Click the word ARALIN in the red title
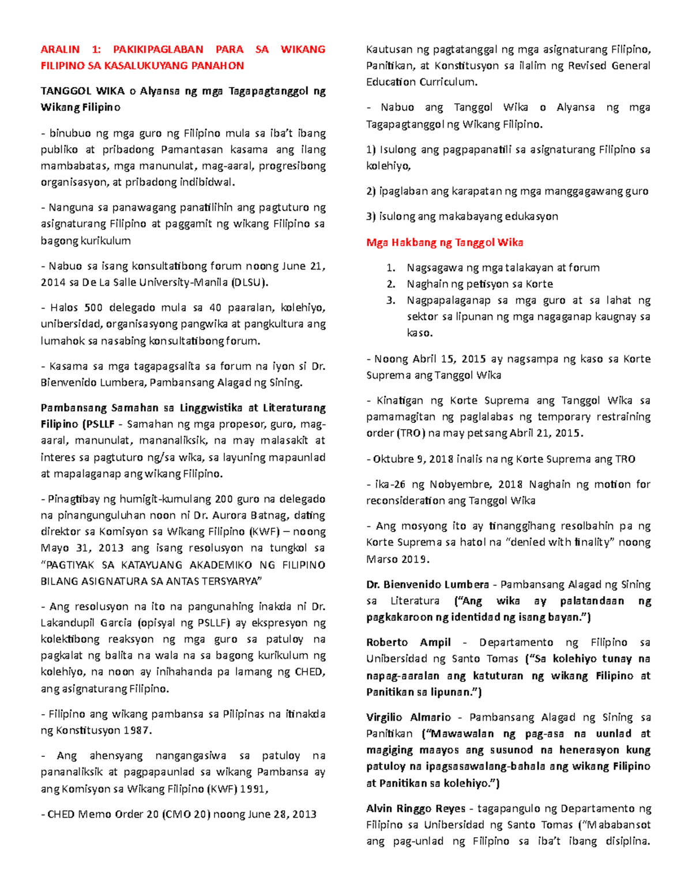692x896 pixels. coord(60,50)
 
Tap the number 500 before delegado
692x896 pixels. coord(92,308)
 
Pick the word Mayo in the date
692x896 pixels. coord(54,548)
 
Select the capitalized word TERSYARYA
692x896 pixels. coord(223,581)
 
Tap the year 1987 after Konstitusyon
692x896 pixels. coord(137,730)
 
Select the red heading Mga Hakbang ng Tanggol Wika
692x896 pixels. coord(445,242)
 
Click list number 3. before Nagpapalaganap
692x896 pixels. coord(391,300)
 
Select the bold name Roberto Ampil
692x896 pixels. coord(408,643)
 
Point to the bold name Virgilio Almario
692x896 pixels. coord(408,718)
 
